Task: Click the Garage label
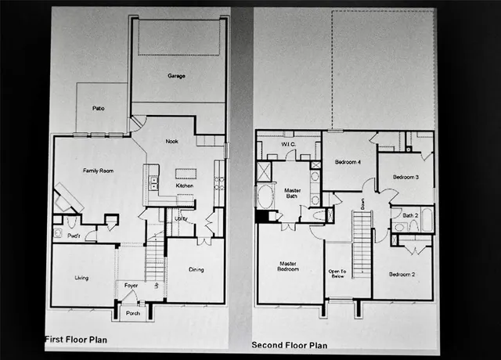coord(175,77)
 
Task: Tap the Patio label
coord(99,109)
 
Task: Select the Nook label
coord(172,142)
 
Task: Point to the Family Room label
coord(99,170)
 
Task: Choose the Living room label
coord(81,278)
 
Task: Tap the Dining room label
coord(196,270)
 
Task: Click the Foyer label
coord(131,286)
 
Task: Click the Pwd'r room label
coord(76,235)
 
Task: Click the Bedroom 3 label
coord(405,178)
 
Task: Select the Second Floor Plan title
coord(290,344)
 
